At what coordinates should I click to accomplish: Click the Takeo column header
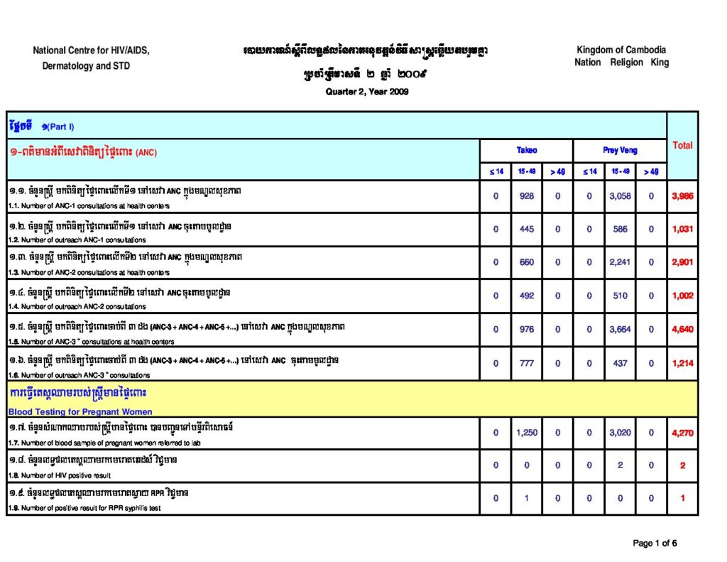pyautogui.click(x=526, y=151)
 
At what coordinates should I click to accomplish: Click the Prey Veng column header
pyautogui.click(x=620, y=151)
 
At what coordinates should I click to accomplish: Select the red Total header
pyautogui.click(x=682, y=145)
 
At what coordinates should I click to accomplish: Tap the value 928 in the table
pyautogui.click(x=526, y=196)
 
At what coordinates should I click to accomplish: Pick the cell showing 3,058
pyautogui.click(x=620, y=196)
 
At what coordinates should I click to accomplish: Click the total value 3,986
pyautogui.click(x=682, y=196)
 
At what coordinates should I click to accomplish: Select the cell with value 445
pyautogui.click(x=526, y=229)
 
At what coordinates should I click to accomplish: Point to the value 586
pyautogui.click(x=620, y=229)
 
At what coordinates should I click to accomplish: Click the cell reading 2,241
pyautogui.click(x=620, y=262)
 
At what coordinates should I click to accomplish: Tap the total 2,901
pyautogui.click(x=682, y=262)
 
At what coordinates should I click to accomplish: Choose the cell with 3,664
pyautogui.click(x=620, y=330)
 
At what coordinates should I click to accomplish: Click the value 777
pyautogui.click(x=526, y=363)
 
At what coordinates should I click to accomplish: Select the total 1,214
pyautogui.click(x=682, y=363)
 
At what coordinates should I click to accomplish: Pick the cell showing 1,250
pyautogui.click(x=526, y=432)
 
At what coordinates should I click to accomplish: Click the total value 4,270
pyautogui.click(x=682, y=432)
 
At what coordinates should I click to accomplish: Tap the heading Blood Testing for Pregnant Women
pyautogui.click(x=80, y=411)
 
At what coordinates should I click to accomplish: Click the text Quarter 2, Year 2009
pyautogui.click(x=366, y=92)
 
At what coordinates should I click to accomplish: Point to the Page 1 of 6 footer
pyautogui.click(x=655, y=544)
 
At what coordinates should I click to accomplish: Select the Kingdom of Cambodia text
pyautogui.click(x=621, y=50)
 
